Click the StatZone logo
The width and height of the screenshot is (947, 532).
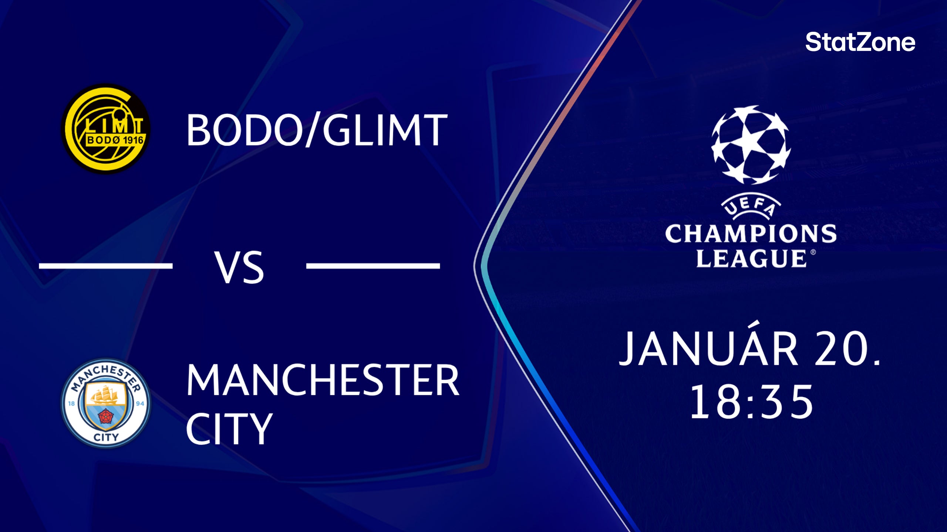click(x=860, y=42)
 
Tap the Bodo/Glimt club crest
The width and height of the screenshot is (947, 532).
click(x=106, y=129)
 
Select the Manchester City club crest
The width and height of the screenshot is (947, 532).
click(x=106, y=403)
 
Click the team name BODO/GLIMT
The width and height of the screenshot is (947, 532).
click(x=317, y=130)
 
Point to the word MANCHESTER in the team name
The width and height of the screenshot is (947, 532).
click(x=323, y=380)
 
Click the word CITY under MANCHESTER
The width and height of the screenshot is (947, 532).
click(x=229, y=429)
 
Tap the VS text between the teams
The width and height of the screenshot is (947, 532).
click(x=240, y=267)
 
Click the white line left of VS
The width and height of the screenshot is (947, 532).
click(x=106, y=266)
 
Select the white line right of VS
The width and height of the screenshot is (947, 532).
click(x=373, y=266)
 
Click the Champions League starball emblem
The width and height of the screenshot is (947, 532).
click(x=751, y=145)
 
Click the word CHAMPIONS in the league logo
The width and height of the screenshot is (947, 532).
click(x=751, y=234)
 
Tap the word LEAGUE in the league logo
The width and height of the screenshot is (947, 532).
click(x=751, y=258)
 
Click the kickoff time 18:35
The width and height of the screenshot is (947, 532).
click(x=751, y=402)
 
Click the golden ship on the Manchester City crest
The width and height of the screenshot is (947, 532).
click(x=106, y=395)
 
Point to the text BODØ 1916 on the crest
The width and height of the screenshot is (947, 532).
click(x=115, y=140)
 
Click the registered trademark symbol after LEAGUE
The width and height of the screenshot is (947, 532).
click(x=813, y=252)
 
